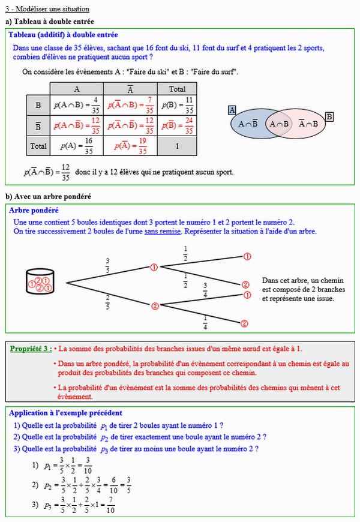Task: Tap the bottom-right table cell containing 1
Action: [178, 146]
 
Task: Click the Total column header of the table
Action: [178, 89]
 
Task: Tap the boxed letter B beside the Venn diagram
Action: [329, 116]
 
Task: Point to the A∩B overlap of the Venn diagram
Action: [278, 124]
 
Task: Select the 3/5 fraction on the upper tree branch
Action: [108, 264]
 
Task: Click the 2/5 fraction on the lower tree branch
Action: [108, 301]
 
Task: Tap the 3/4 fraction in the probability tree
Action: [205, 290]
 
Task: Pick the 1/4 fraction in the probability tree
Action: [205, 322]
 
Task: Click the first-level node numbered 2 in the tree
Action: [155, 306]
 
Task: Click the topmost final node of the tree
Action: [247, 256]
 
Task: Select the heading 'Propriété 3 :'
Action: [31, 349]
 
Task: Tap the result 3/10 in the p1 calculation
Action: [88, 465]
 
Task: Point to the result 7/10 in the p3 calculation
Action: [109, 506]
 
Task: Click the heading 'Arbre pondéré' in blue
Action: [34, 211]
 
